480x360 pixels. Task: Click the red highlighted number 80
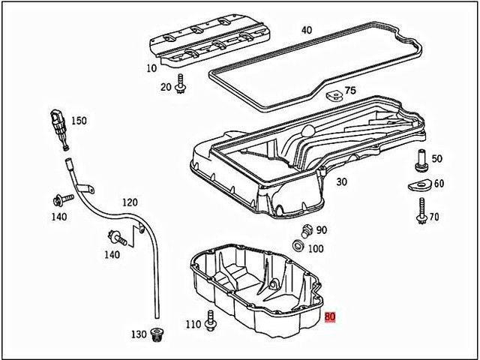click(331, 317)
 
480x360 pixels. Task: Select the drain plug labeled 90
click(304, 230)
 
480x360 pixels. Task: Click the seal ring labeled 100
click(298, 247)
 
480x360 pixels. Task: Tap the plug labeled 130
click(156, 336)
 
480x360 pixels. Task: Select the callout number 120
click(130, 202)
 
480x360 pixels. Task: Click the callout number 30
click(341, 181)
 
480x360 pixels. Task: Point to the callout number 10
click(152, 68)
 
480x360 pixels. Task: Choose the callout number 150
click(79, 120)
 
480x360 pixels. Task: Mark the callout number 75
click(350, 91)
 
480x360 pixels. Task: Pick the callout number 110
click(193, 325)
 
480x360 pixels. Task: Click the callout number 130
click(139, 334)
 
